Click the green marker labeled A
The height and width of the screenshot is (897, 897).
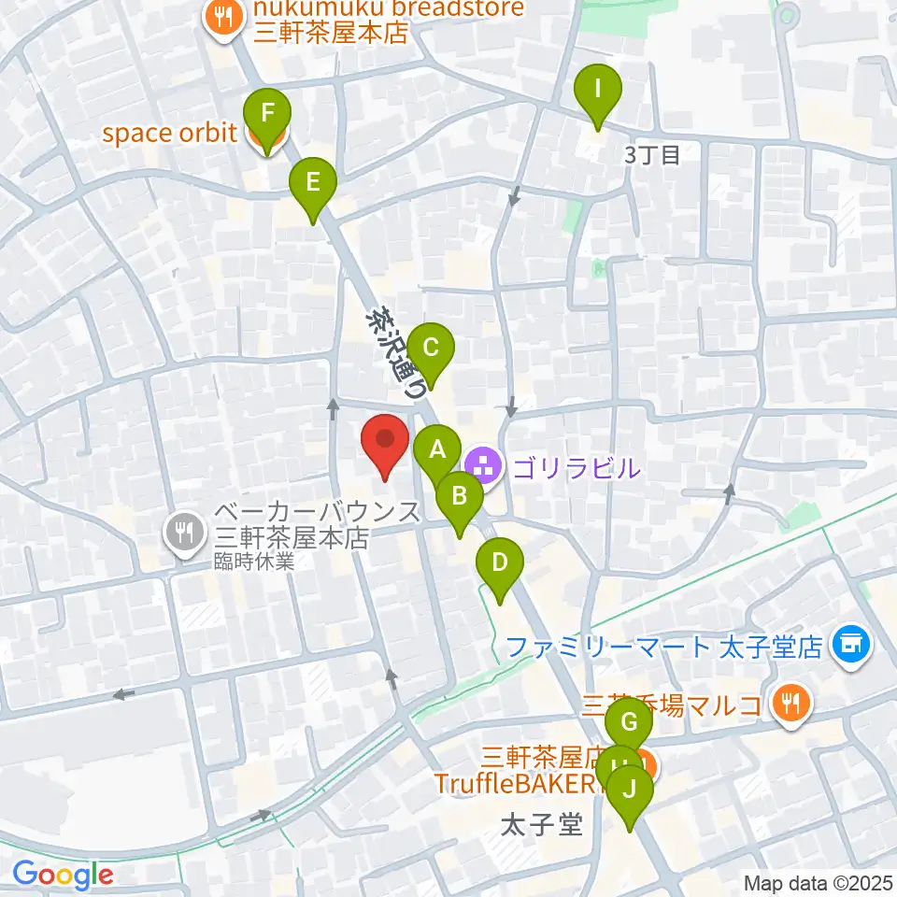[x=436, y=452]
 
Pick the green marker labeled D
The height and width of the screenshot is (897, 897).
[x=499, y=564]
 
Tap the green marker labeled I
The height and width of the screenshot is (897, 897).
[x=598, y=91]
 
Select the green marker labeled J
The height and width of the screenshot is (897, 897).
[x=631, y=790]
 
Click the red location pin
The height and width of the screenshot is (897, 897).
[x=385, y=439]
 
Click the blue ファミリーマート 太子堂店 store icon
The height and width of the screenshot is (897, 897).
[x=851, y=644]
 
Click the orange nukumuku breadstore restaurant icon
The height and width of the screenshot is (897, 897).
[x=222, y=15]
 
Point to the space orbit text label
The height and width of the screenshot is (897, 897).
[x=169, y=134]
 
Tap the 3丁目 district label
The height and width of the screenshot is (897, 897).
[x=652, y=155]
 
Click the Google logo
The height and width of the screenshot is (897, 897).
[x=62, y=875]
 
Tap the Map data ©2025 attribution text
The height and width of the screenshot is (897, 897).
[x=819, y=882]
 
